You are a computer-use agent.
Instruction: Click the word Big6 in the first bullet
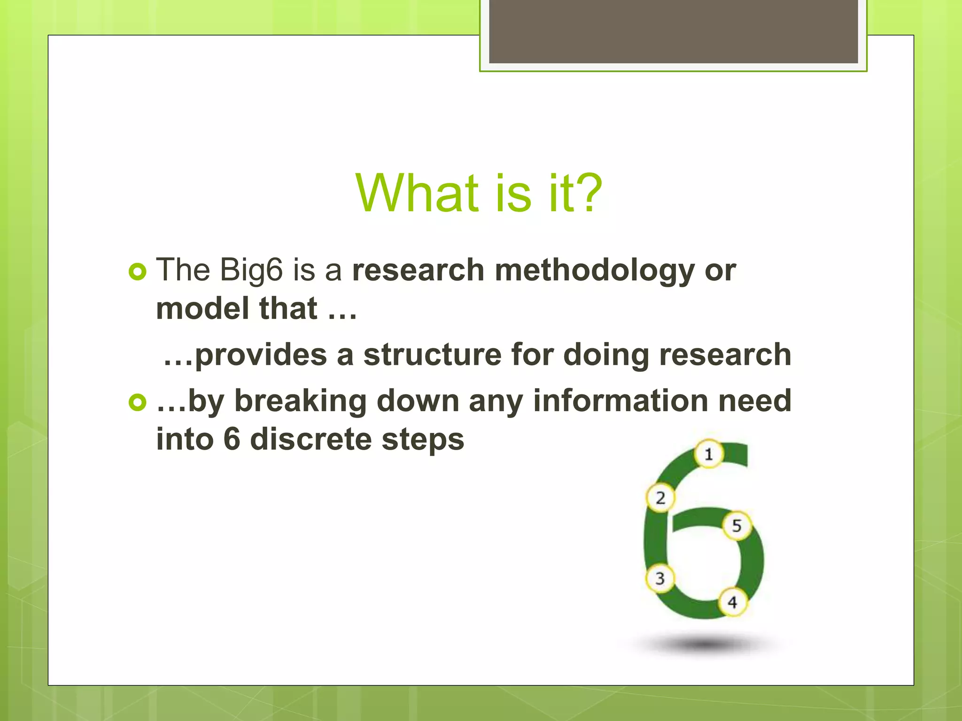tap(252, 271)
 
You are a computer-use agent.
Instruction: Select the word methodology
tap(594, 271)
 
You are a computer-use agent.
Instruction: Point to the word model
tap(203, 308)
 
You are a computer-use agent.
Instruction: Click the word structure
tap(433, 354)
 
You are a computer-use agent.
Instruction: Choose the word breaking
tap(300, 401)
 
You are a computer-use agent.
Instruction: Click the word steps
tap(423, 440)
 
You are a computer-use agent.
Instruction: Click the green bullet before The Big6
tap(137, 272)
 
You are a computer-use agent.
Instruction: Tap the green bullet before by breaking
tap(137, 402)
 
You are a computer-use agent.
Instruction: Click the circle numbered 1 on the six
tap(709, 454)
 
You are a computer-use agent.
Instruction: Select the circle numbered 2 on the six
tap(660, 498)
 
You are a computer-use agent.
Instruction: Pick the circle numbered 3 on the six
tap(660, 578)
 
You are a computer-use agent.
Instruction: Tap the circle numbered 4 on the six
tap(732, 602)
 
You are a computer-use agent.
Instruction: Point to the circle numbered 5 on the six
tap(737, 525)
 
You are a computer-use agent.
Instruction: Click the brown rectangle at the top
tap(673, 31)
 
